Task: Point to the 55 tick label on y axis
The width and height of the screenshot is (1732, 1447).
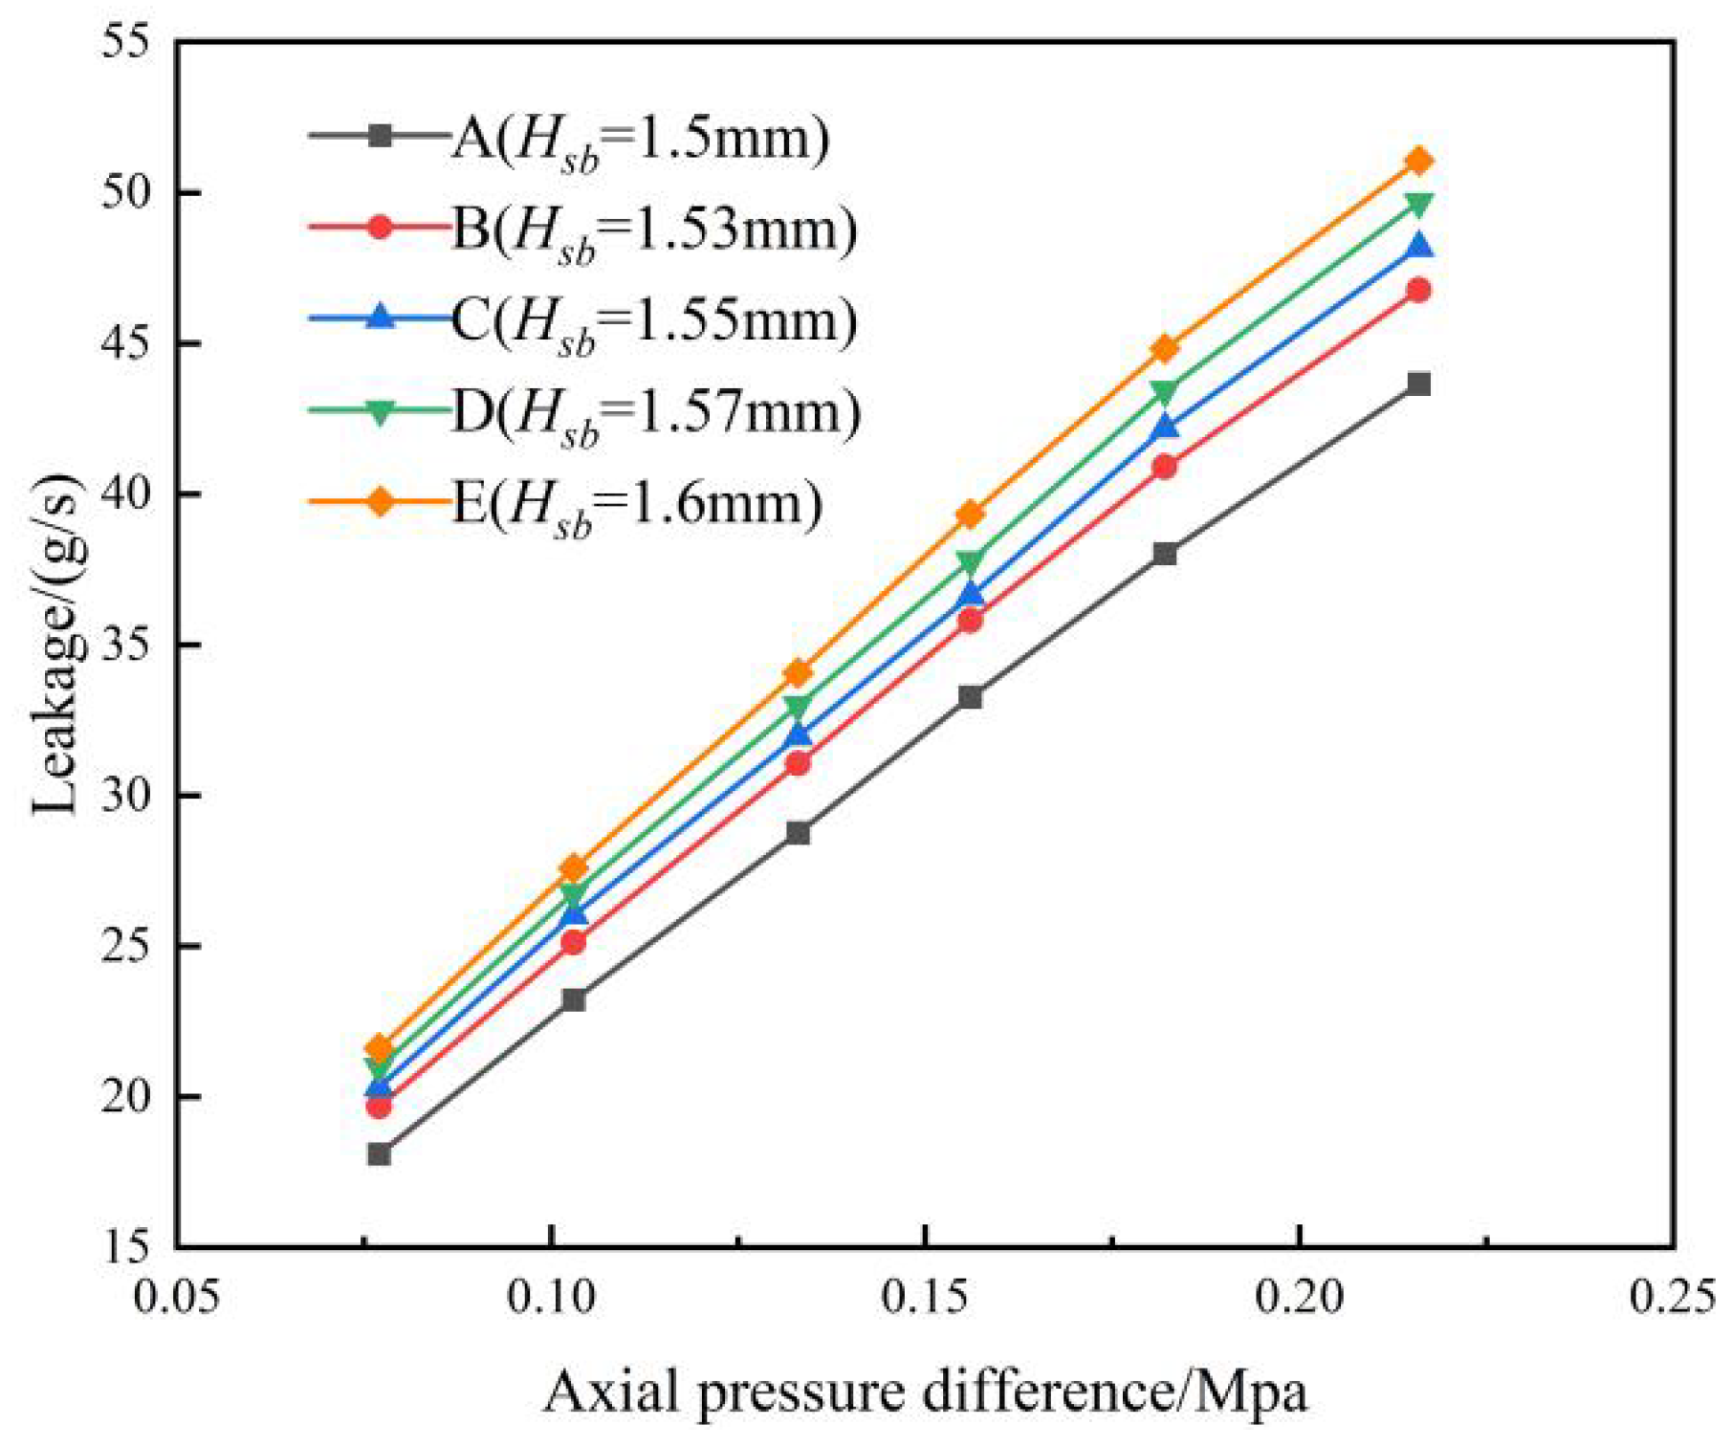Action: pyautogui.click(x=129, y=45)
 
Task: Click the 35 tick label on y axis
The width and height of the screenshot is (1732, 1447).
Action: pyautogui.click(x=129, y=646)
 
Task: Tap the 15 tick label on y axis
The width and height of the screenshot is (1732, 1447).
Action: pyautogui.click(x=129, y=1247)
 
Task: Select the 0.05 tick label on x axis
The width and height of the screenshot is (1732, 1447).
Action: pyautogui.click(x=177, y=1299)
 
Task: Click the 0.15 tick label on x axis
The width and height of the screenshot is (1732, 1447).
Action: pyautogui.click(x=924, y=1299)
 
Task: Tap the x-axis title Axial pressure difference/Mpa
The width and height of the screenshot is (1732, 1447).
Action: pyautogui.click(x=925, y=1392)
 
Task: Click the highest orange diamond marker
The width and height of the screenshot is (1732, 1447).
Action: pyautogui.click(x=1419, y=161)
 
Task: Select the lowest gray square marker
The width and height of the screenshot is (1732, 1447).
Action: pyautogui.click(x=379, y=1154)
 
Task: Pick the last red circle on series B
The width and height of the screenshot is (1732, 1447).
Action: pyautogui.click(x=1419, y=290)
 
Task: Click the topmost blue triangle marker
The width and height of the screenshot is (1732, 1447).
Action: pyautogui.click(x=1419, y=247)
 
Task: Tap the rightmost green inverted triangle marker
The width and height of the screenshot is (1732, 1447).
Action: pyautogui.click(x=1419, y=205)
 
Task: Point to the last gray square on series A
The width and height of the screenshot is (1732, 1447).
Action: pyautogui.click(x=1419, y=384)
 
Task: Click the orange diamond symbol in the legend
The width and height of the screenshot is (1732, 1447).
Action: pyautogui.click(x=380, y=501)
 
